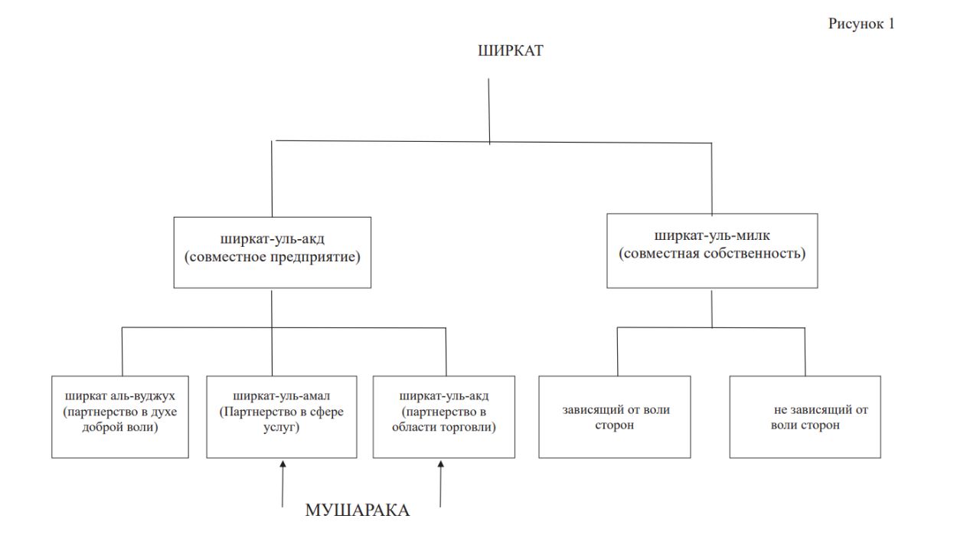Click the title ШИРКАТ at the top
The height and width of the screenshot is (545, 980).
tap(510, 51)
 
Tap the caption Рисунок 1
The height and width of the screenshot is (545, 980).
tap(861, 24)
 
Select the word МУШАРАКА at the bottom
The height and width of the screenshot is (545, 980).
tap(358, 511)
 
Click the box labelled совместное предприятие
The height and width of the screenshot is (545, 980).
tap(272, 252)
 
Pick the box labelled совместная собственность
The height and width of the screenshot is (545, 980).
tap(712, 251)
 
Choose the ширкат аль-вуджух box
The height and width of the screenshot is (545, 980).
tap(120, 417)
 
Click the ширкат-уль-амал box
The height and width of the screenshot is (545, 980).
tap(282, 417)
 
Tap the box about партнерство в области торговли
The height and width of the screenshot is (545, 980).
tap(444, 417)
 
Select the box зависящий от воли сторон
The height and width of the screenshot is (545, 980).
tap(615, 417)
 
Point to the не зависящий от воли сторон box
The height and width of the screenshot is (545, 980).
tap(805, 417)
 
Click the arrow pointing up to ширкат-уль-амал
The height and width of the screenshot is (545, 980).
tap(283, 483)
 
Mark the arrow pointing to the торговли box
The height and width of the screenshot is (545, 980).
tap(441, 483)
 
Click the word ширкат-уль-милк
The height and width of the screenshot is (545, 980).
tap(712, 236)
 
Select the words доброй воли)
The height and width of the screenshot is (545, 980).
tap(119, 427)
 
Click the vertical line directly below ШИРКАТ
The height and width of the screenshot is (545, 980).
tap(489, 111)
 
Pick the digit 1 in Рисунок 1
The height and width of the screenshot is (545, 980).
tap(890, 24)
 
